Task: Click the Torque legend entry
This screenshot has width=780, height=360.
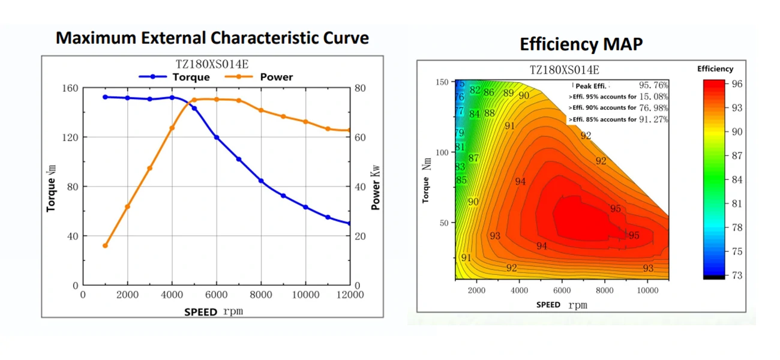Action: click(174, 77)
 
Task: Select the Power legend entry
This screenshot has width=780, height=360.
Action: click(264, 77)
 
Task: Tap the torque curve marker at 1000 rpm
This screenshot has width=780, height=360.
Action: click(105, 97)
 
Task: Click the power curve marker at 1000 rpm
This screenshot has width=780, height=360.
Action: click(105, 245)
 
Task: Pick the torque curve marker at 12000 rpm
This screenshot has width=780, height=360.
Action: click(349, 224)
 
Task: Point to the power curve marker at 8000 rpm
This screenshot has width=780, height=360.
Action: click(261, 110)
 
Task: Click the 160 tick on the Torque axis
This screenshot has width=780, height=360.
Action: click(71, 88)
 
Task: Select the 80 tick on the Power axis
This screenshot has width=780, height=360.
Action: click(360, 88)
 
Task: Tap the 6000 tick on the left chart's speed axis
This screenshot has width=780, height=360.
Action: click(217, 295)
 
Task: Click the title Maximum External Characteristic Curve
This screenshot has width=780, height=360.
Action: click(212, 38)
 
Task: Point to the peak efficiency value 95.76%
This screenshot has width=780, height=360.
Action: click(653, 85)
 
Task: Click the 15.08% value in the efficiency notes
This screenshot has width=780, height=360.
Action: click(653, 97)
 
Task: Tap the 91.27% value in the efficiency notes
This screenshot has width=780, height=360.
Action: click(653, 119)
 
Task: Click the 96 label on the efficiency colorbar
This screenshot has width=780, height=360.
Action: click(737, 84)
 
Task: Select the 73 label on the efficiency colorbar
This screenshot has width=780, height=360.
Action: click(737, 275)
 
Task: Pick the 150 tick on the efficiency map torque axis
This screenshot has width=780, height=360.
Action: click(443, 82)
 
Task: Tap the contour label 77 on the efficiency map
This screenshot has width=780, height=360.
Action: click(460, 112)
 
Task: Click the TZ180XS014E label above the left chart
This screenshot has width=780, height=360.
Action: click(212, 64)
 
